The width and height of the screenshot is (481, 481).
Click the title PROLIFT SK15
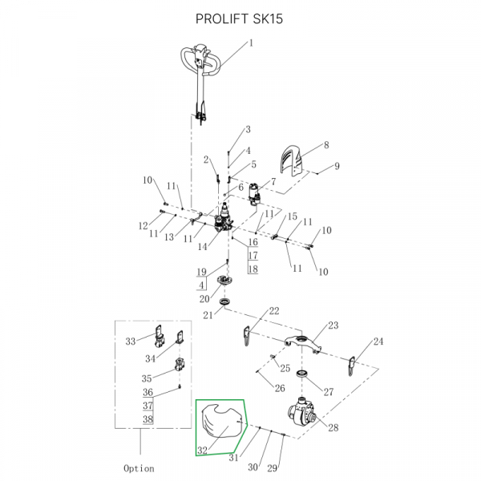point(240,18)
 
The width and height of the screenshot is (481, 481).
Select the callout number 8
point(326,145)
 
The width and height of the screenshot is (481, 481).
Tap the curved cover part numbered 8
point(292,161)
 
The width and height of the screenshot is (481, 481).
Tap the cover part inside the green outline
point(221,422)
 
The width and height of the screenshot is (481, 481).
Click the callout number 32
point(202,450)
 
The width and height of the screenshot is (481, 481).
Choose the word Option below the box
point(139,468)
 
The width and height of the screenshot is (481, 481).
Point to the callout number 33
point(131,342)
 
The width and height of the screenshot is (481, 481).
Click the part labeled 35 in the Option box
point(180,366)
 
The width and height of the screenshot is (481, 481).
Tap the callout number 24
point(378,342)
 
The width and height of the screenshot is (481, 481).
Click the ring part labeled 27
point(305,375)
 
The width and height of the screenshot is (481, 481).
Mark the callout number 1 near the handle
point(251,43)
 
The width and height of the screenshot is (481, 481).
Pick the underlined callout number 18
point(253,269)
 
